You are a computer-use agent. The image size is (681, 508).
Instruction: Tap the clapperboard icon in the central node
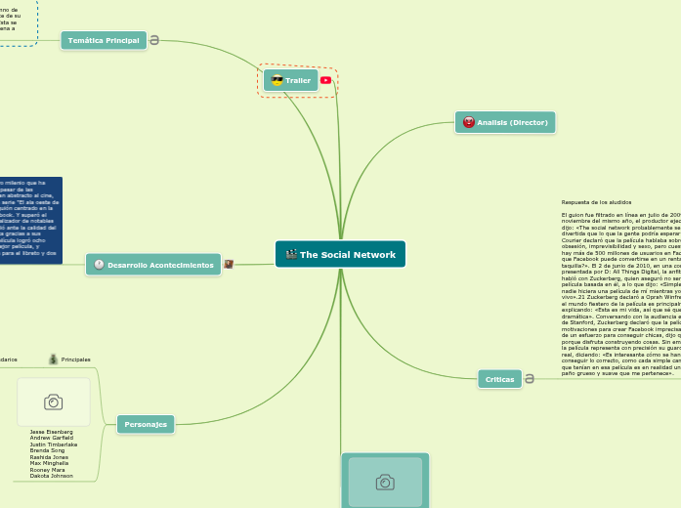pyautogui.click(x=291, y=255)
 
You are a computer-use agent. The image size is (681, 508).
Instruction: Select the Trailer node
pyautogui.click(x=291, y=80)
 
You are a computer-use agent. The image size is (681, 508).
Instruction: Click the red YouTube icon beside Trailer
pyautogui.click(x=325, y=80)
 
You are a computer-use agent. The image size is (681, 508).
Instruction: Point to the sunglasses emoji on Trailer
pyautogui.click(x=277, y=80)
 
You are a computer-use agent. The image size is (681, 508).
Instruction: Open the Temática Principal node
pyautogui.click(x=103, y=40)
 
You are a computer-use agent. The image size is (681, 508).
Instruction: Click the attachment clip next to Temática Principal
pyautogui.click(x=154, y=40)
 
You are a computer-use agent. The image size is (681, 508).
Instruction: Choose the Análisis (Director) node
pyautogui.click(x=505, y=122)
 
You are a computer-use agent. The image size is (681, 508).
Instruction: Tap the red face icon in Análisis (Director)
pyautogui.click(x=469, y=122)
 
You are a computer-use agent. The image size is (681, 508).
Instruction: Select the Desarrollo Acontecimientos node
pyautogui.click(x=153, y=265)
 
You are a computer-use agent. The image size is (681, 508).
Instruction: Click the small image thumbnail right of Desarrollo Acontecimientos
pyautogui.click(x=229, y=264)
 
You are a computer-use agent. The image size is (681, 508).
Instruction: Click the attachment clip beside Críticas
pyautogui.click(x=529, y=379)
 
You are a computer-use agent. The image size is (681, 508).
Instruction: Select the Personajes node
pyautogui.click(x=146, y=424)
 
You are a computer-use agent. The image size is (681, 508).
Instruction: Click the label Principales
pyautogui.click(x=76, y=360)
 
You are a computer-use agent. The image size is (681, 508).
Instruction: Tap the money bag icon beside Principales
pyautogui.click(x=53, y=359)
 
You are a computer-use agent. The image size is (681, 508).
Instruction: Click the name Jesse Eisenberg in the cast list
pyautogui.click(x=51, y=431)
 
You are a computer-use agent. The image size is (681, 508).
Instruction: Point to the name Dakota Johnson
pyautogui.click(x=51, y=476)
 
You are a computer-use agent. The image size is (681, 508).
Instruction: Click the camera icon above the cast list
pyautogui.click(x=53, y=402)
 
